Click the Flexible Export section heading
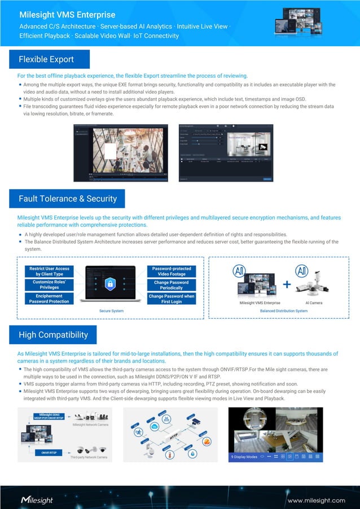46,59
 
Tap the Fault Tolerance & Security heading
68,199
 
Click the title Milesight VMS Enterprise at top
67,15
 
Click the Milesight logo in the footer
37,500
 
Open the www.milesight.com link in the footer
317,500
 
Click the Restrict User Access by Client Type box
50,271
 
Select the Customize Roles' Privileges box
50,284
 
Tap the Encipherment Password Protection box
50,299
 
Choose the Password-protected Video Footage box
172,271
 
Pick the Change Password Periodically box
172,284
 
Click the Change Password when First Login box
172,299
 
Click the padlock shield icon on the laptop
111,283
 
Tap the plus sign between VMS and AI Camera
287,285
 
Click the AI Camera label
314,303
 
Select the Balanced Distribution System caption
284,311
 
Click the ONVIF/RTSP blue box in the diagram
50,453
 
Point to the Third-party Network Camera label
89,457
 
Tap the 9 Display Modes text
244,457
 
